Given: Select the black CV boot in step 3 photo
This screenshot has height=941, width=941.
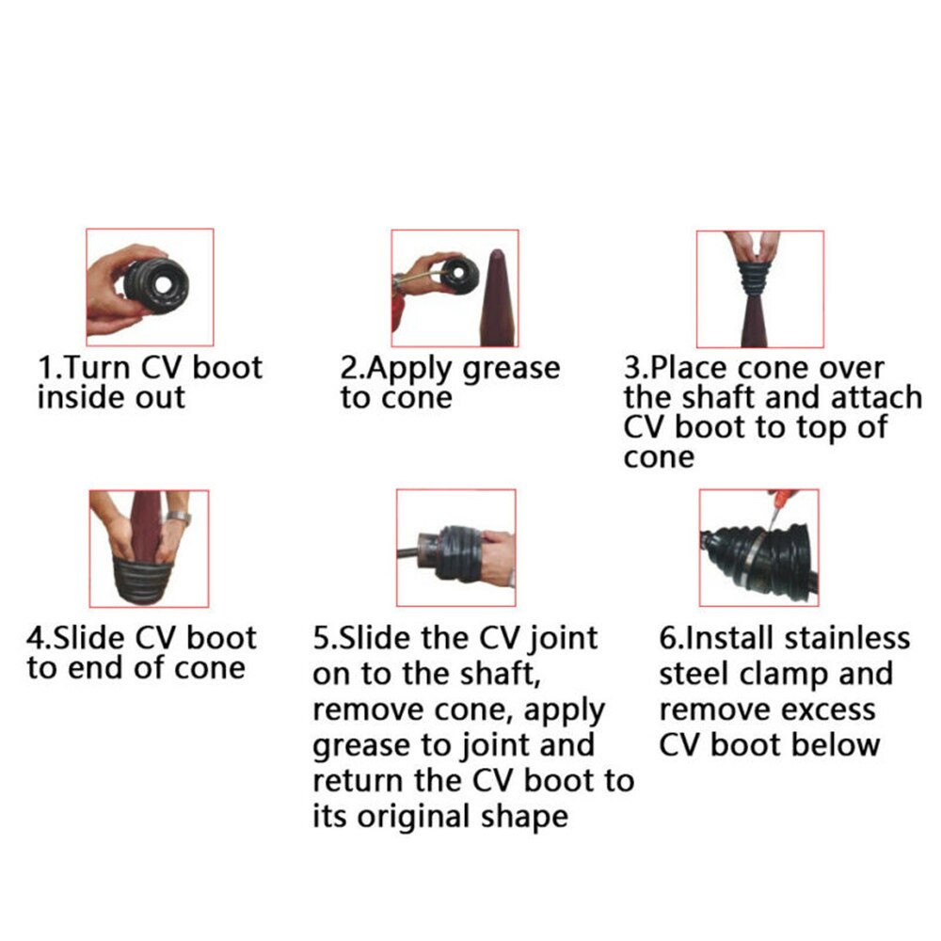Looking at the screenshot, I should pyautogui.click(x=759, y=279).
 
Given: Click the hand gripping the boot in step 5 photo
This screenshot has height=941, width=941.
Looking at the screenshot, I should pyautogui.click(x=495, y=547).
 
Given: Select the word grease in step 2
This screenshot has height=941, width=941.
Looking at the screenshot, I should pyautogui.click(x=509, y=368).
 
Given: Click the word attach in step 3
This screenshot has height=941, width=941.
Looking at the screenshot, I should pyautogui.click(x=870, y=397).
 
